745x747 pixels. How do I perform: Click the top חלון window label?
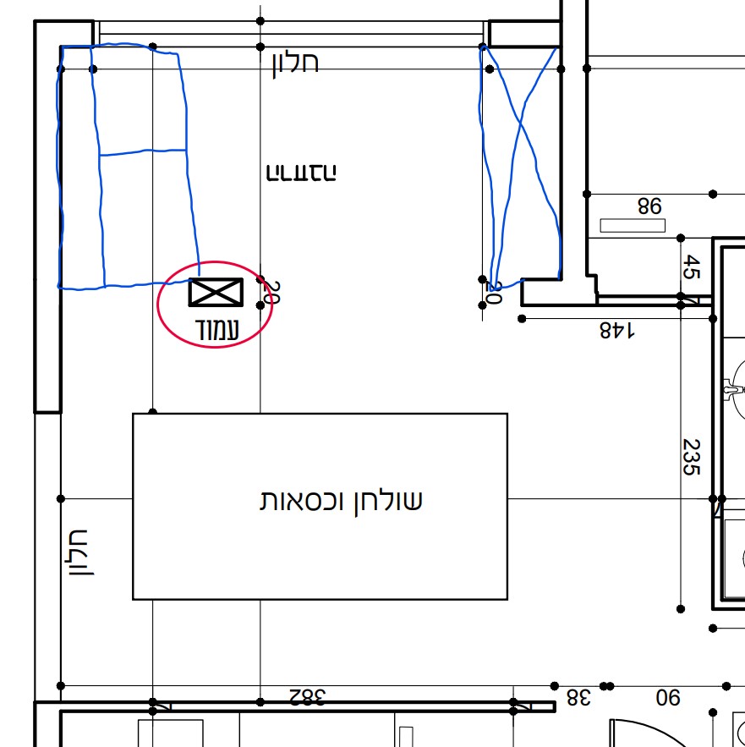(295, 63)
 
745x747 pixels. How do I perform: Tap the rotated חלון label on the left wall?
(77, 552)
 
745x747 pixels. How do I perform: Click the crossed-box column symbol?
(216, 293)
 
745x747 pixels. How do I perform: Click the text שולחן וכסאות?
(340, 501)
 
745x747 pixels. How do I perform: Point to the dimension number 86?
(649, 206)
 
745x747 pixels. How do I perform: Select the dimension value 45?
(691, 267)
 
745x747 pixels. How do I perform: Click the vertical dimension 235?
(692, 457)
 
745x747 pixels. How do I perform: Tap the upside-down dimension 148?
(617, 330)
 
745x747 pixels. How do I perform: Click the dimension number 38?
(578, 698)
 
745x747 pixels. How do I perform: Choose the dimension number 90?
(668, 698)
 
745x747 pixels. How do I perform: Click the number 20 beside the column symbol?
(272, 292)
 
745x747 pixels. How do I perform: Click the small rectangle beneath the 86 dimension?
(633, 226)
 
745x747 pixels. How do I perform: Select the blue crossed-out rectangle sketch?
(519, 161)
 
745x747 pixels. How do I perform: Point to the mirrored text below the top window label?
(301, 173)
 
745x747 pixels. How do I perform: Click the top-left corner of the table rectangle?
(134, 415)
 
